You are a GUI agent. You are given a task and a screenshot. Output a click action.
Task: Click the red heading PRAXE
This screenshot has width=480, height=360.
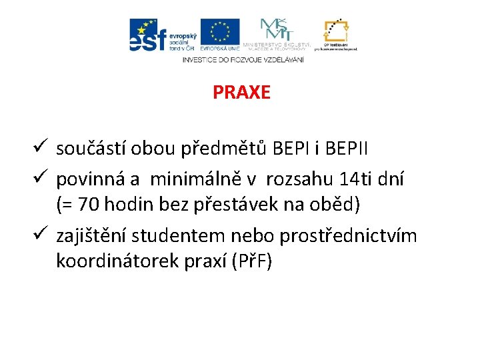click(241, 92)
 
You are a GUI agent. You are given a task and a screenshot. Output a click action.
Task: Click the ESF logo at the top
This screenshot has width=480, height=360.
click(162, 35)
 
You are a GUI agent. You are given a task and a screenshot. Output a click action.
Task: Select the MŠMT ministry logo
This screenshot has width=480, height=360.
click(275, 34)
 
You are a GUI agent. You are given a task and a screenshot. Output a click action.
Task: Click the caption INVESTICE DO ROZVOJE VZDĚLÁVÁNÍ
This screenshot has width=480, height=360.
click(243, 59)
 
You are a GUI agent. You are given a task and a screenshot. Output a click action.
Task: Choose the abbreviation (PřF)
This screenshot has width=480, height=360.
click(251, 261)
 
